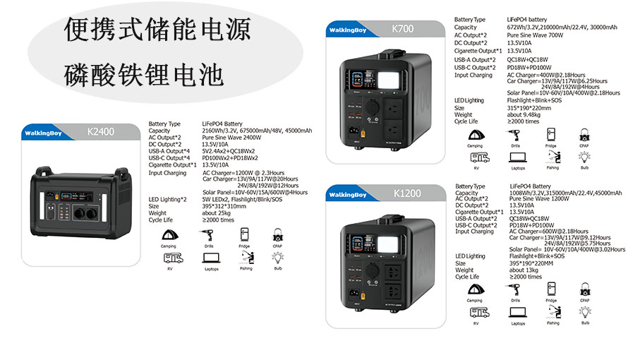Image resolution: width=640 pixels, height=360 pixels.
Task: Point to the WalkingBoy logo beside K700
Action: click(x=347, y=30)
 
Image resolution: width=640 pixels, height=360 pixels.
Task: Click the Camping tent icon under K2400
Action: click(x=169, y=235)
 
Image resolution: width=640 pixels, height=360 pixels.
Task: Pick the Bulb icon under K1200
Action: click(x=584, y=311)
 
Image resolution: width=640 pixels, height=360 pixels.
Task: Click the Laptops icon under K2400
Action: click(x=212, y=259)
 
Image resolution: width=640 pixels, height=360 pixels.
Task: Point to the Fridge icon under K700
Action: click(x=551, y=135)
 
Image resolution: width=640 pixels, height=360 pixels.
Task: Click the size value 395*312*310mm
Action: click(x=224, y=206)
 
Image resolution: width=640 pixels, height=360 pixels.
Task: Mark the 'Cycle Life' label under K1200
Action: click(x=466, y=277)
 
